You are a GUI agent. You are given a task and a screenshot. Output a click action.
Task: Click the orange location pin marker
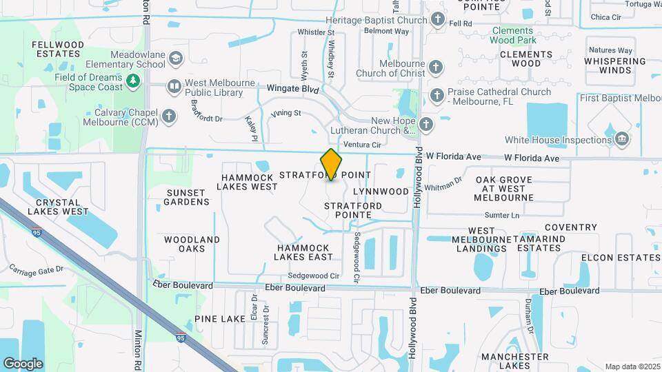(x=331, y=164)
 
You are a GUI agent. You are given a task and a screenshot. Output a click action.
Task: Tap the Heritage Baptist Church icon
(x=437, y=19)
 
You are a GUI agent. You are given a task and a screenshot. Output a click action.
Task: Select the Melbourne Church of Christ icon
(x=435, y=68)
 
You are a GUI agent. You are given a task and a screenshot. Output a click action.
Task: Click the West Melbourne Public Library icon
(x=174, y=87)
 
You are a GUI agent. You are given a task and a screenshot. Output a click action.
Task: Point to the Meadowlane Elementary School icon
(x=176, y=58)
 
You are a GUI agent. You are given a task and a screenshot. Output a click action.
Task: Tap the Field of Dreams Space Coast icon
(x=133, y=82)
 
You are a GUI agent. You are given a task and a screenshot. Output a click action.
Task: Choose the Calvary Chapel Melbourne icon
(x=169, y=115)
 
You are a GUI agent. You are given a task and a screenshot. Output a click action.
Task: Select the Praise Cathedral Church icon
(x=437, y=96)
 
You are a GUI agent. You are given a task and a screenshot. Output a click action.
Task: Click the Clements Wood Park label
(x=512, y=35)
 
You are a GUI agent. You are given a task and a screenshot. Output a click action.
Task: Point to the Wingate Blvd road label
(x=293, y=90)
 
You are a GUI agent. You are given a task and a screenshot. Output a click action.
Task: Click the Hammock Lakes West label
(x=249, y=182)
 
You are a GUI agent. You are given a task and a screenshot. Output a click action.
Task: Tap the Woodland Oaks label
(x=192, y=244)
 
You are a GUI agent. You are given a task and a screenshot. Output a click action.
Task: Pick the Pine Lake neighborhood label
(x=219, y=319)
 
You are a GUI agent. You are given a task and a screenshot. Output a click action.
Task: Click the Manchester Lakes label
(x=514, y=362)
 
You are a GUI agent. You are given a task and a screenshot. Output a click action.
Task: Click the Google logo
(x=23, y=364)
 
